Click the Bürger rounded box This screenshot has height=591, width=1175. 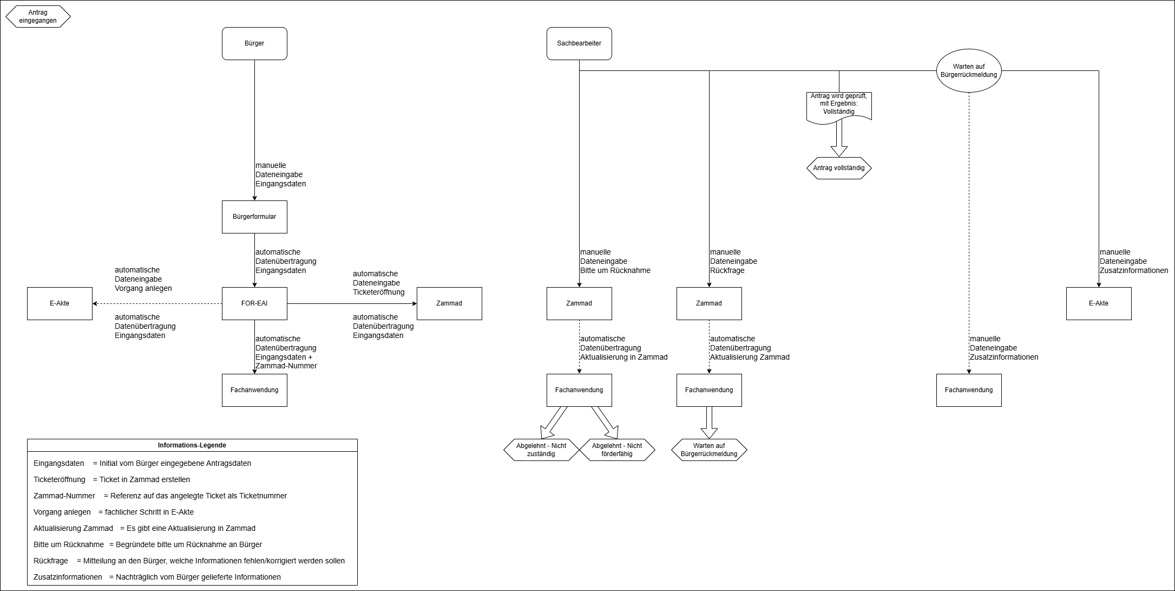pyautogui.click(x=254, y=43)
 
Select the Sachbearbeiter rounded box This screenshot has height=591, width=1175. pyautogui.click(x=579, y=43)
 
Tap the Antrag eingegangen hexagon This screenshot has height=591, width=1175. pyautogui.click(x=38, y=16)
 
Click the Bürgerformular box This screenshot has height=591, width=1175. pyautogui.click(x=254, y=217)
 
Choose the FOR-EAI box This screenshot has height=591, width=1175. pyautogui.click(x=254, y=303)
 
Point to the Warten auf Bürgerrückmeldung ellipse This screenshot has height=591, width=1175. pyautogui.click(x=969, y=70)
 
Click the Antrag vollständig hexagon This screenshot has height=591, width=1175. pyautogui.click(x=839, y=168)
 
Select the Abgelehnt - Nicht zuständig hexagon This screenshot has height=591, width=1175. pyautogui.click(x=541, y=450)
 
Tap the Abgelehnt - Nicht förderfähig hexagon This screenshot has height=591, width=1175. pyautogui.click(x=617, y=450)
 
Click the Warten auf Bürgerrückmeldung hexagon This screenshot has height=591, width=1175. pyautogui.click(x=709, y=450)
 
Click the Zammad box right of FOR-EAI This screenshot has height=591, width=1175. pyautogui.click(x=449, y=303)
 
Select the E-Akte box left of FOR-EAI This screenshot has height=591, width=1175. pyautogui.click(x=60, y=303)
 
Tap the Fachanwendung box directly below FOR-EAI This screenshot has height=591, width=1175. pyautogui.click(x=254, y=390)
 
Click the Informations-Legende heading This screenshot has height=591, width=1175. pyautogui.click(x=192, y=445)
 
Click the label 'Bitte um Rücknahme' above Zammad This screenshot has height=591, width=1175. pyautogui.click(x=615, y=270)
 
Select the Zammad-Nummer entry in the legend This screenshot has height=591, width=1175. pyautogui.click(x=64, y=496)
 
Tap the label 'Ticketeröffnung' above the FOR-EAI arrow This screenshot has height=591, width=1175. pyautogui.click(x=379, y=292)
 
